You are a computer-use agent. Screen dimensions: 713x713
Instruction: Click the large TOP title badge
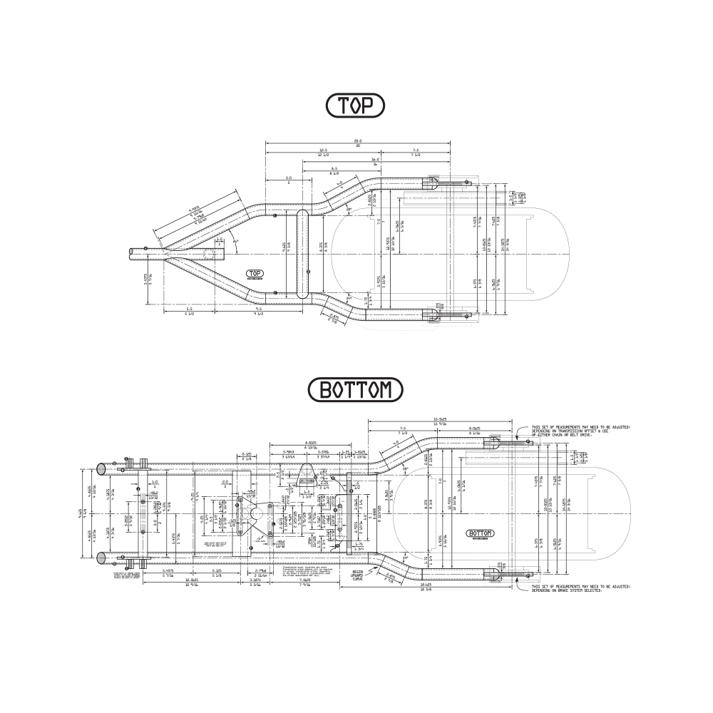pos(355,106)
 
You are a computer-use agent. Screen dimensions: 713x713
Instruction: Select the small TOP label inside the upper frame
pos(255,274)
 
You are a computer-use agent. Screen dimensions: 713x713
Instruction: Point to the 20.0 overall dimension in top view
pos(357,141)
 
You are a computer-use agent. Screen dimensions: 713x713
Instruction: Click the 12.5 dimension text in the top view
pos(322,150)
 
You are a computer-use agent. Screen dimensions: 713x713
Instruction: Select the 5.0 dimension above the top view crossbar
pos(289,178)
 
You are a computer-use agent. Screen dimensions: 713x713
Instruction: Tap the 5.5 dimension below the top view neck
pos(190,309)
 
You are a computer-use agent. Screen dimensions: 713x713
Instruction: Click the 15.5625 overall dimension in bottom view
pos(440,419)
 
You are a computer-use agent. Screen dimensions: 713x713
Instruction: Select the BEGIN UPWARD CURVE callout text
pos(359,575)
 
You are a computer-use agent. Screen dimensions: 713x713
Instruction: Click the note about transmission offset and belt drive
pos(580,431)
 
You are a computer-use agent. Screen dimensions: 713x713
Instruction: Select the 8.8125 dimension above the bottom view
pos(310,442)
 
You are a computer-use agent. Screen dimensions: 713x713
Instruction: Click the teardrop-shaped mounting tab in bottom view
pos(307,471)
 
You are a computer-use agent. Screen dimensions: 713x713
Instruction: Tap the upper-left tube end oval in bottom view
pos(101,468)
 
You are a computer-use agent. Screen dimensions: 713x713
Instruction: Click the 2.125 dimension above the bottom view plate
pos(247,453)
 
